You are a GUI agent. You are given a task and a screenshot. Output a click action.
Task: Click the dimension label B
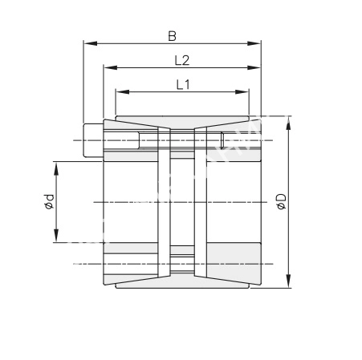point(172,36)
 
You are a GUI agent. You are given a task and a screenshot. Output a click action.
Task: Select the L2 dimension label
point(182,60)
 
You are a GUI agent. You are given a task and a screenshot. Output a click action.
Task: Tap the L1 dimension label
point(183,85)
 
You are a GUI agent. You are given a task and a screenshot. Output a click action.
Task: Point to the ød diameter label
point(49,201)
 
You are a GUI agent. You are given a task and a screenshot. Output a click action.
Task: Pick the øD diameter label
point(282,201)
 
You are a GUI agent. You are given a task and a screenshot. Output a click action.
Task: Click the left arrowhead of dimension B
point(90,43)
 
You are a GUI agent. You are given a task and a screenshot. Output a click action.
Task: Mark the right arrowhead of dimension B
point(254,43)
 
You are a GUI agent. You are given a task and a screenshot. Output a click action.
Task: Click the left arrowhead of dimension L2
point(111,67)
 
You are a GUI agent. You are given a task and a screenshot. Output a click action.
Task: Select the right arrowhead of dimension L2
point(254,67)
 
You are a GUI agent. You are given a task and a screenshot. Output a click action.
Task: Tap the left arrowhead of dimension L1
point(123,92)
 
